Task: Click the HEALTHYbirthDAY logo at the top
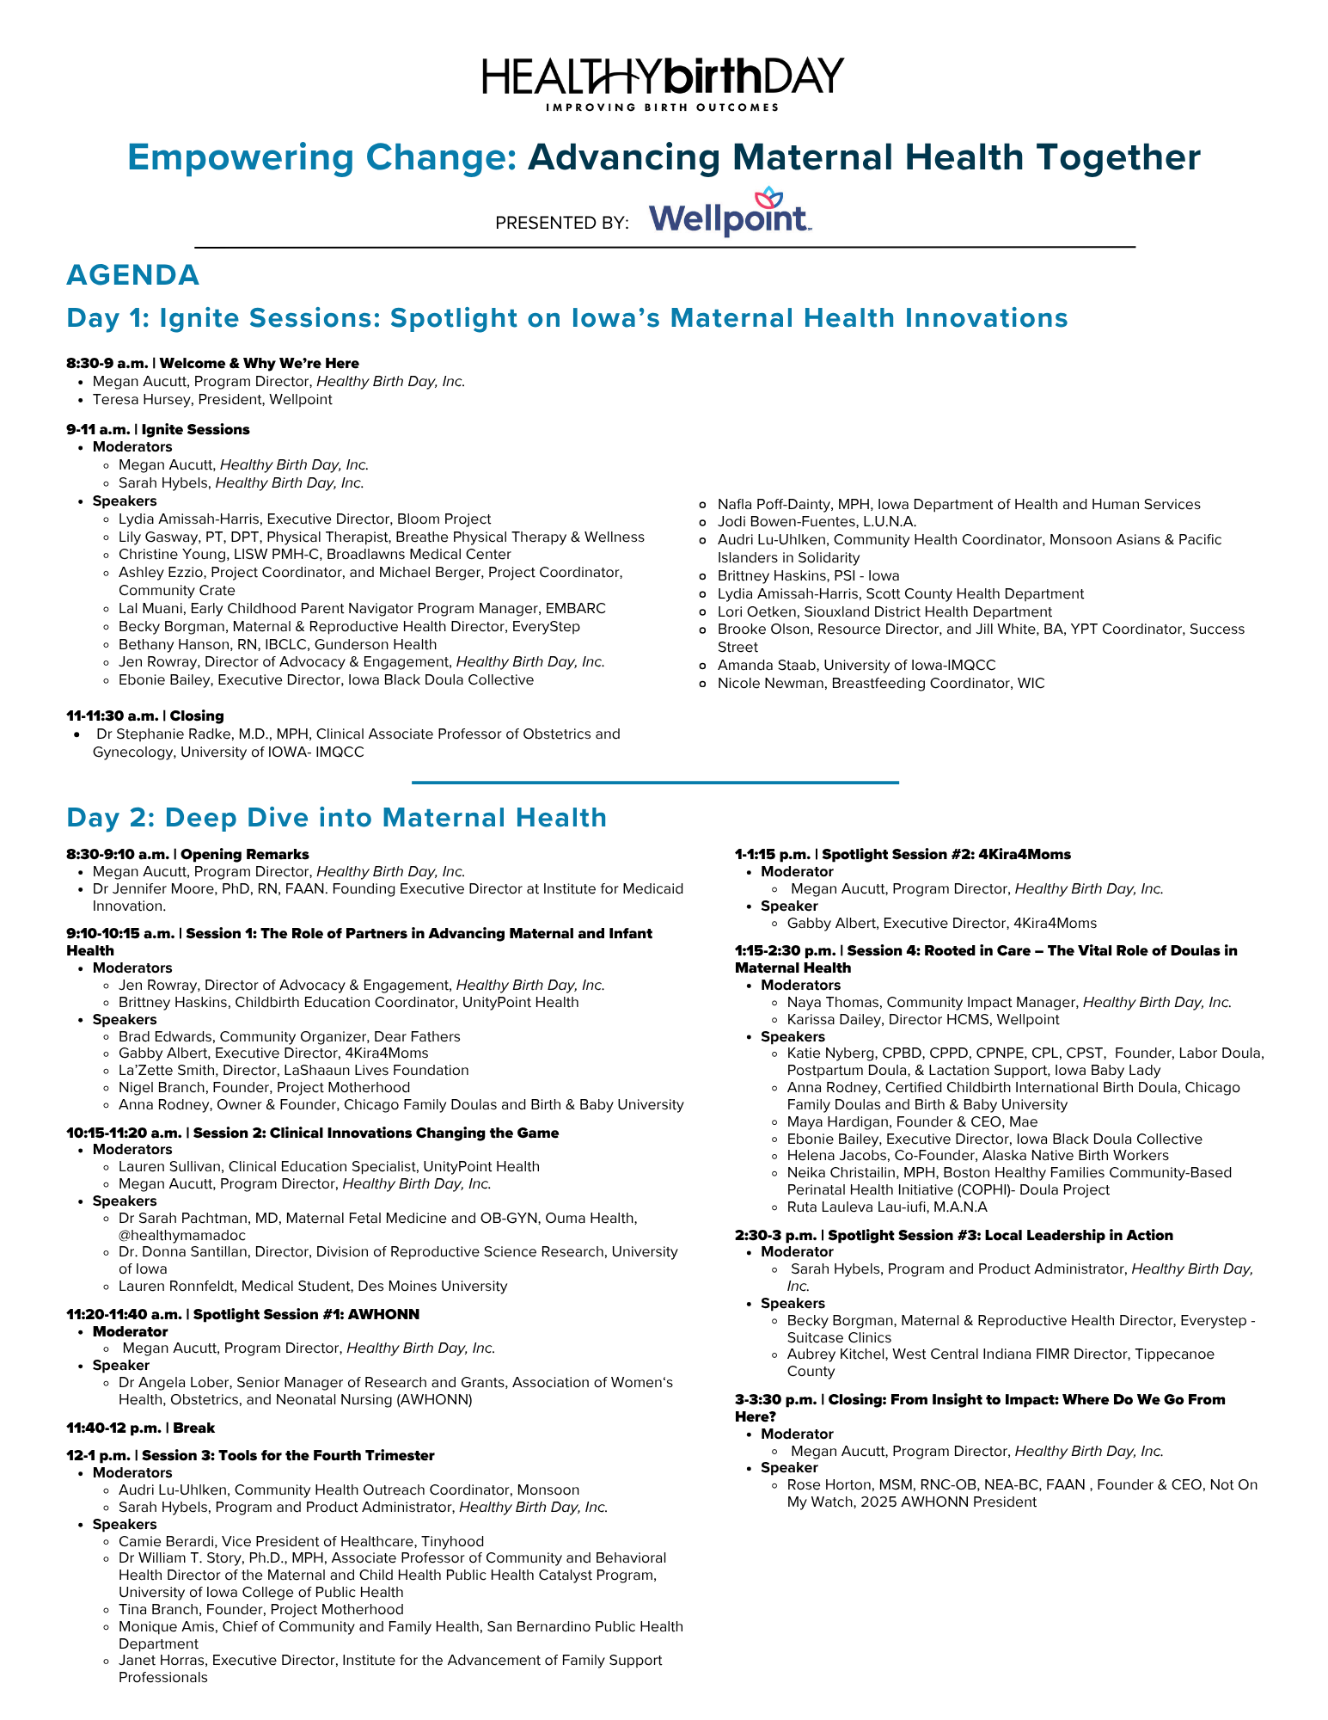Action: coord(663,82)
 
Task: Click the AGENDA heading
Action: coord(133,275)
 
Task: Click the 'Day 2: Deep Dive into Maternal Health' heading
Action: coord(337,817)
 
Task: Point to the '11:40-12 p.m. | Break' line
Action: coord(141,1428)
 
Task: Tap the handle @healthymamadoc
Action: coord(182,1235)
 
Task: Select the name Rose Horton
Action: coord(824,1484)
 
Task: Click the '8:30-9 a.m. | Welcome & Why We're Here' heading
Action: coord(213,363)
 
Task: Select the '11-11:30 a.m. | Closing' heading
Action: coord(145,716)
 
